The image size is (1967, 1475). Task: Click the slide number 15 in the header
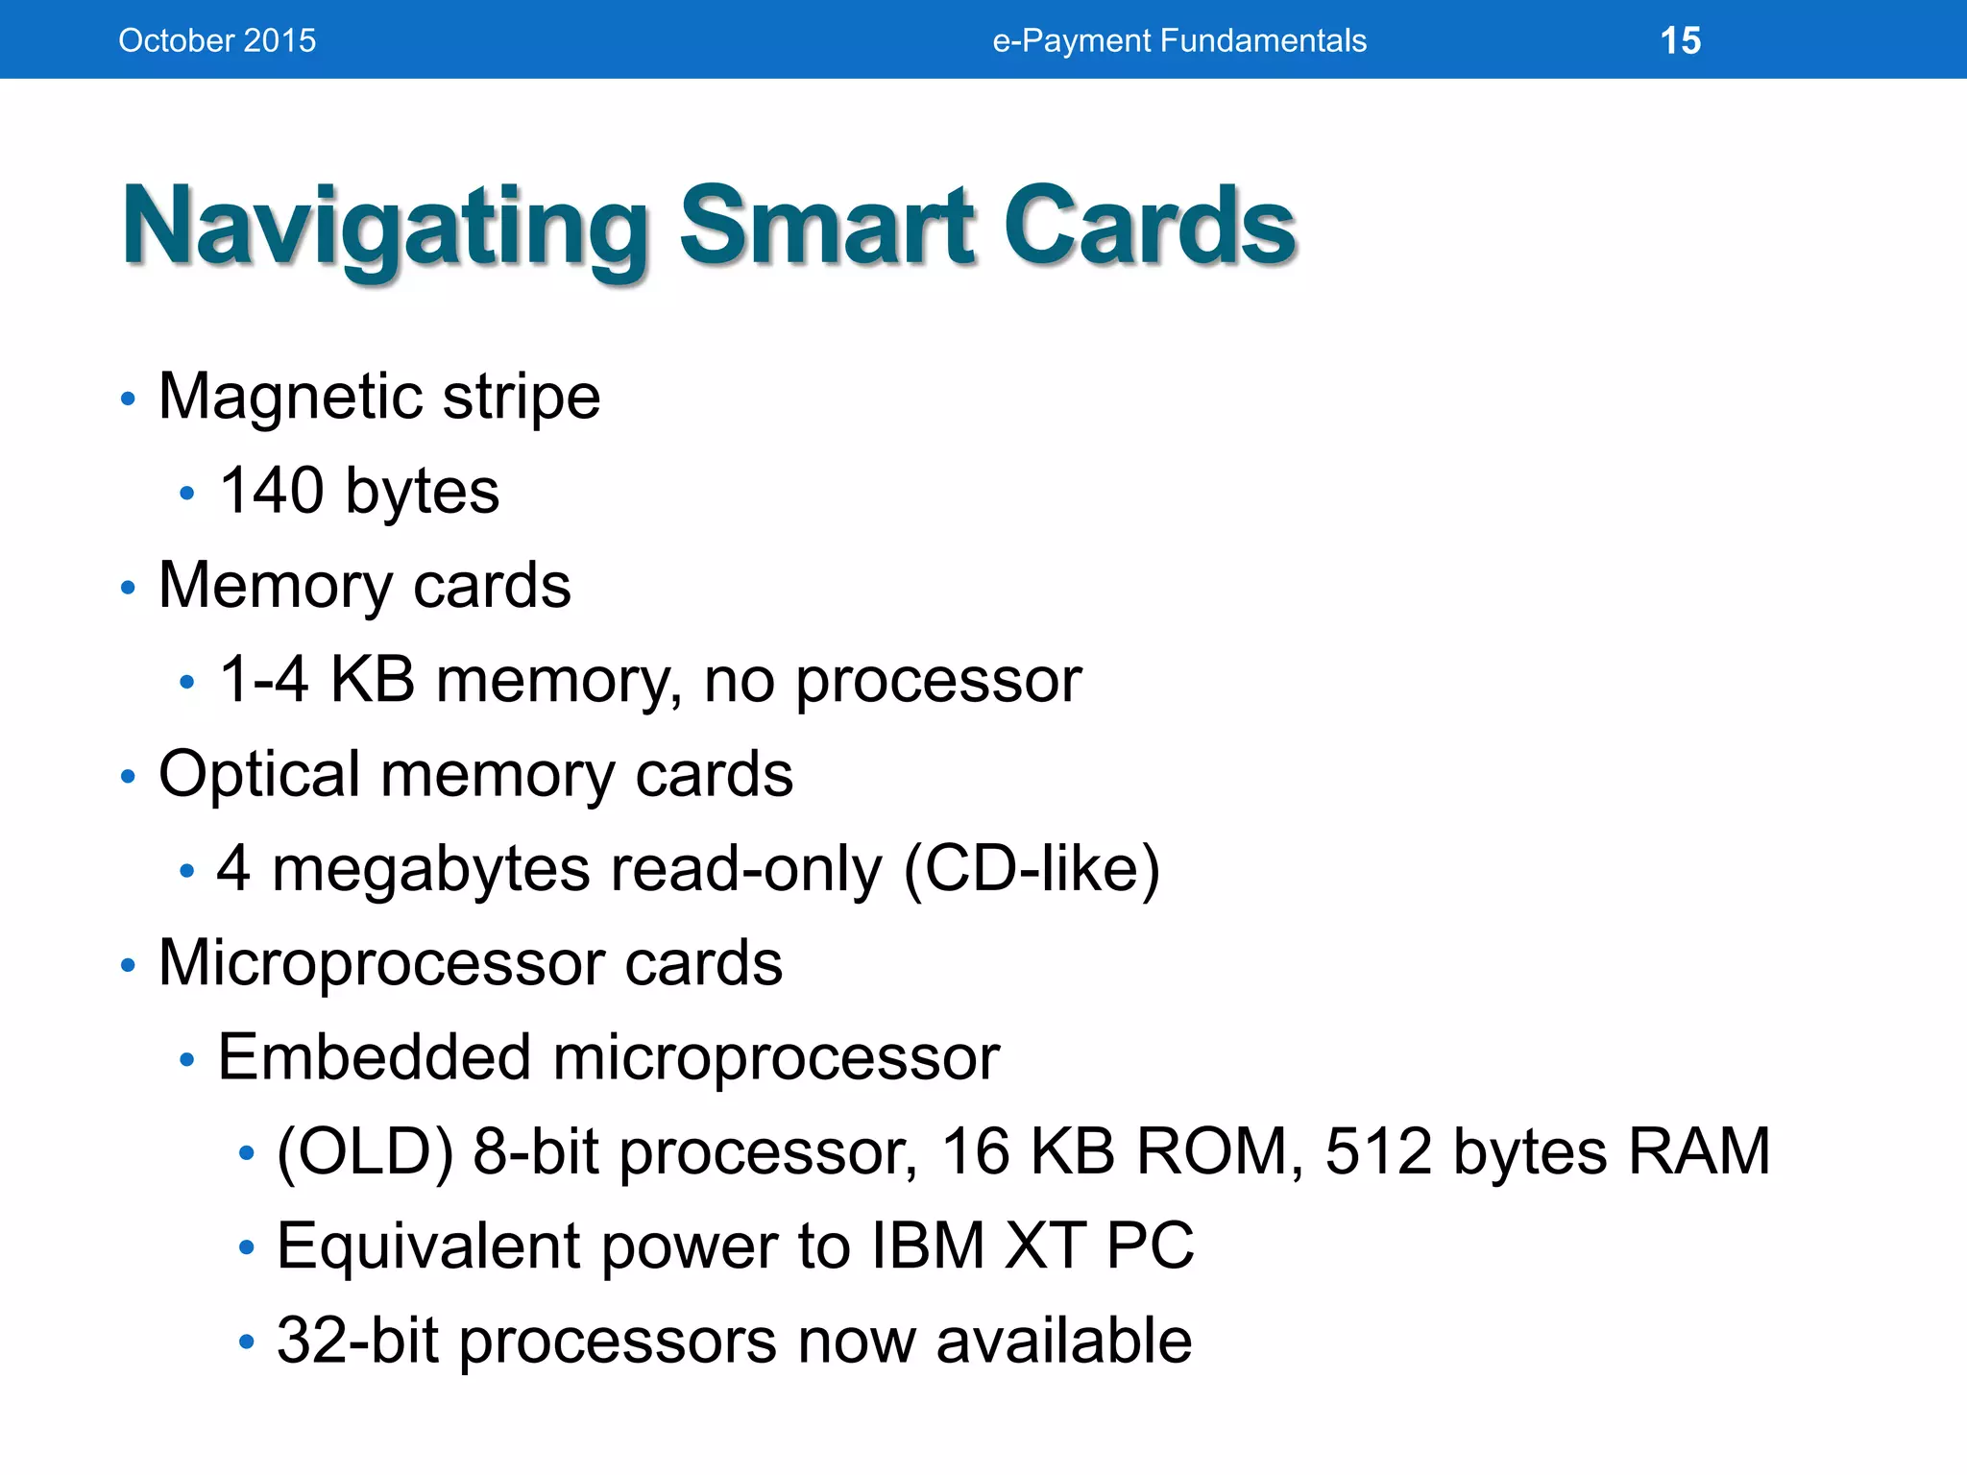point(1680,41)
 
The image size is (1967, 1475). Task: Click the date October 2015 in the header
point(217,41)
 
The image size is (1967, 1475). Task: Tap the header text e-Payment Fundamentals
point(1179,41)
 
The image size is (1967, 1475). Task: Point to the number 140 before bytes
point(272,491)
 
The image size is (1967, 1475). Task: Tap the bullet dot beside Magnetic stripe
point(128,399)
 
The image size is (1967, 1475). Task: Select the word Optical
point(258,774)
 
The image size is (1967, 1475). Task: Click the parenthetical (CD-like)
point(1032,869)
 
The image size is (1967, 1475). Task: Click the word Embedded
point(375,1057)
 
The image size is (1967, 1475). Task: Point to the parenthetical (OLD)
point(364,1151)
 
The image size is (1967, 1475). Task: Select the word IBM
point(928,1245)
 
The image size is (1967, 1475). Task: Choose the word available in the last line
point(1063,1341)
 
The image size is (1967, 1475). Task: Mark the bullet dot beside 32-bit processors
point(247,1341)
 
